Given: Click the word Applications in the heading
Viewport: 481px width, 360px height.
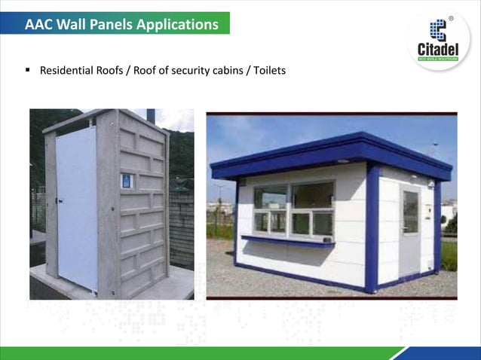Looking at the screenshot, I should pyautogui.click(x=177, y=25).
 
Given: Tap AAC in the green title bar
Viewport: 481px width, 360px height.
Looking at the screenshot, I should pyautogui.click(x=38, y=25).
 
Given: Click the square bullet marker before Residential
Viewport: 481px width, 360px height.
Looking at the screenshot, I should pyautogui.click(x=28, y=72).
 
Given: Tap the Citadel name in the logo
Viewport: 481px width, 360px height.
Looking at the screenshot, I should pyautogui.click(x=438, y=48).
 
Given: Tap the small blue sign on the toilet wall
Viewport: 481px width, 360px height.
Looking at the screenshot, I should pyautogui.click(x=127, y=181).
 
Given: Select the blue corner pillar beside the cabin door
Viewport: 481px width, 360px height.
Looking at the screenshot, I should pyautogui.click(x=372, y=226).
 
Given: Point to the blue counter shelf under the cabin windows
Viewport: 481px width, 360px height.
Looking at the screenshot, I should pyautogui.click(x=287, y=242).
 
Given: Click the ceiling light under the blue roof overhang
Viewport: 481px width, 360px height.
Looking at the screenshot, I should pyautogui.click(x=343, y=161).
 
